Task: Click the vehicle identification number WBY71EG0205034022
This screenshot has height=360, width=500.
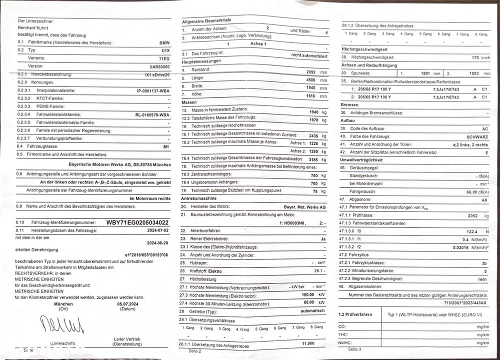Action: (x=137, y=222)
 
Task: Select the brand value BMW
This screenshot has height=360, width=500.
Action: (x=164, y=43)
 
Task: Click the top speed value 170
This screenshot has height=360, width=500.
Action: (x=475, y=58)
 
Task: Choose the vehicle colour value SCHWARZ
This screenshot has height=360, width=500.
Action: (x=474, y=136)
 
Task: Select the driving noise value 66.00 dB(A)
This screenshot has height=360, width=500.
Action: (x=475, y=191)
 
